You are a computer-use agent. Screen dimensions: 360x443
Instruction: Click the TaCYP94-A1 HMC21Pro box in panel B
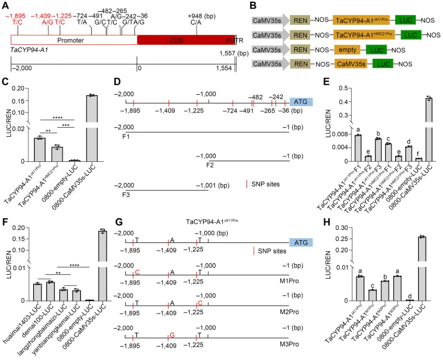pyautogui.click(x=364, y=35)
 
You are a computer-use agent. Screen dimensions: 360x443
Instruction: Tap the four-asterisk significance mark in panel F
pyautogui.click(x=74, y=265)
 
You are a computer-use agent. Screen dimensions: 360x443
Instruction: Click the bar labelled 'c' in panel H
pyautogui.click(x=360, y=295)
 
